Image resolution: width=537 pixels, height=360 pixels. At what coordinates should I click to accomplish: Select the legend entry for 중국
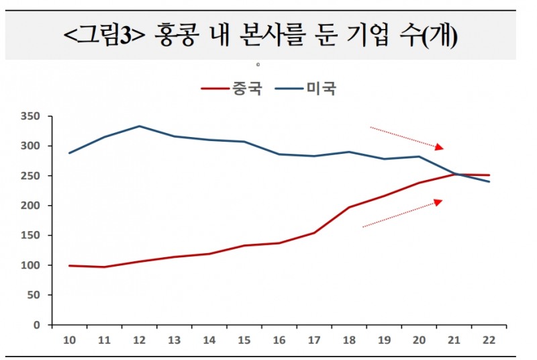click(234, 89)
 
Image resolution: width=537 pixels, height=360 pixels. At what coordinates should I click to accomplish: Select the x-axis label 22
click(488, 341)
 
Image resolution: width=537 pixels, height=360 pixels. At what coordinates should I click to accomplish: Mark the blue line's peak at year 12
click(138, 126)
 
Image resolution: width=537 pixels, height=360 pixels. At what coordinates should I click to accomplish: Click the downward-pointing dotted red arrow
click(407, 137)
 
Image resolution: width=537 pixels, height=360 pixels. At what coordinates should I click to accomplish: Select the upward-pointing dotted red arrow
click(403, 213)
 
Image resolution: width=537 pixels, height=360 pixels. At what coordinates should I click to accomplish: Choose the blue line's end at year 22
click(488, 182)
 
